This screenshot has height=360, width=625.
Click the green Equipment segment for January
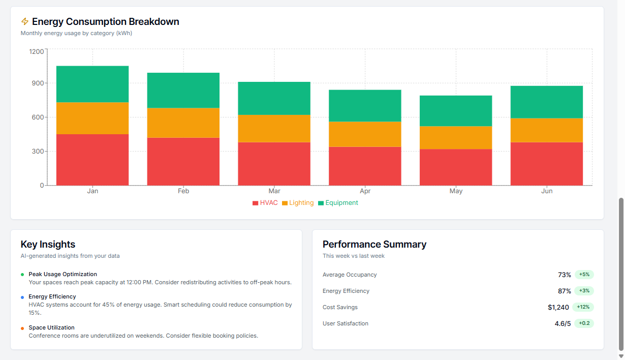92,84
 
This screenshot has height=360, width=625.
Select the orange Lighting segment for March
274,128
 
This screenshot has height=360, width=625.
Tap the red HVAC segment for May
456,167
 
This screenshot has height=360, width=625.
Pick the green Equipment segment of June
547,102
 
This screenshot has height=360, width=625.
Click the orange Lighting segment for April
365,134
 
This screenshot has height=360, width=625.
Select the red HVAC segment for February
183,161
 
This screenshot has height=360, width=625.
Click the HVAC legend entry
265,203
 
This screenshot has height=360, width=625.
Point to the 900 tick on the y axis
37,83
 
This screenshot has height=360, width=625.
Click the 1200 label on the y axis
36,51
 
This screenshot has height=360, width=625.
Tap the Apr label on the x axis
365,191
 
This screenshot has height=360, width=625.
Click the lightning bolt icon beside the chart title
25,21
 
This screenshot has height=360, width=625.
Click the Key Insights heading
48,245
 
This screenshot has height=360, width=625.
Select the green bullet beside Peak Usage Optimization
22,275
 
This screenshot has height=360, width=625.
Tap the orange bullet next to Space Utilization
22,328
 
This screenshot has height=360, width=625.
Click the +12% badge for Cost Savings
583,307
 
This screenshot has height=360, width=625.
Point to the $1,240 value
558,307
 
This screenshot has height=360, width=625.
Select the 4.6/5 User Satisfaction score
562,323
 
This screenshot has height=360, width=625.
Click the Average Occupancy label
350,275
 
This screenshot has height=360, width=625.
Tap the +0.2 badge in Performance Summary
584,323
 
